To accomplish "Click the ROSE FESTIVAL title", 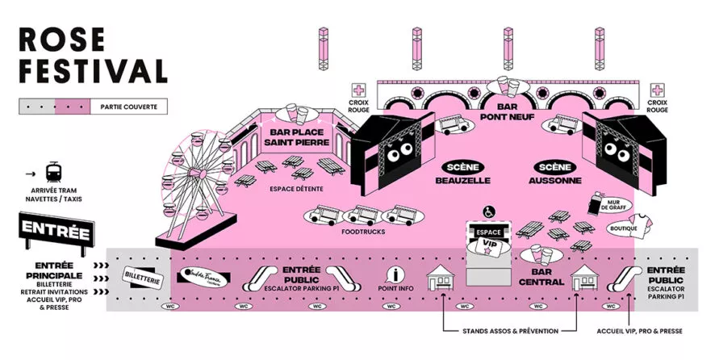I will [x=91, y=55].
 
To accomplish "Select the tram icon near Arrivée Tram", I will [x=54, y=173].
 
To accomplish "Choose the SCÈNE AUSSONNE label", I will [x=556, y=173].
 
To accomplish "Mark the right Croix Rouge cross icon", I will [x=658, y=90].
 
